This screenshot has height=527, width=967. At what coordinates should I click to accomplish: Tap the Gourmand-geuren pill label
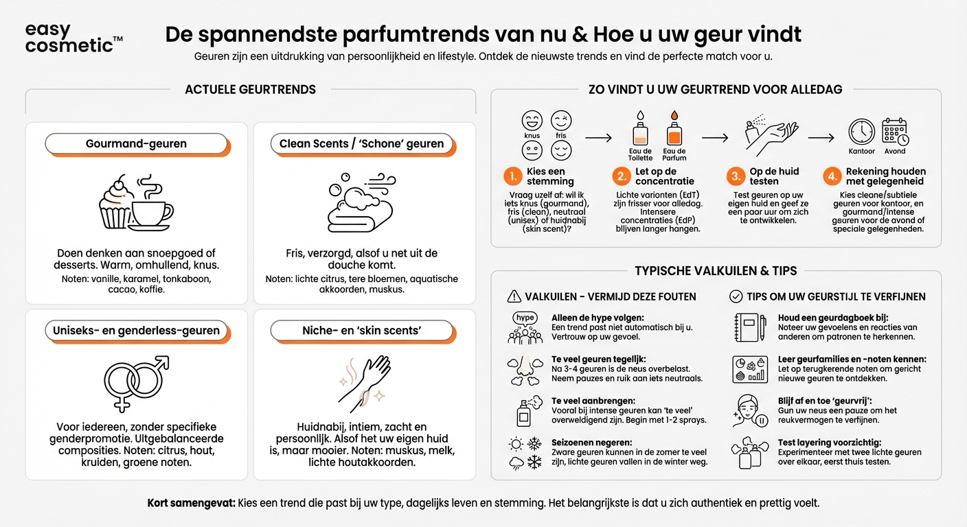[x=136, y=144]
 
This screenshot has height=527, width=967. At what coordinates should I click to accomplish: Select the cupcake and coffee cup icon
[x=136, y=202]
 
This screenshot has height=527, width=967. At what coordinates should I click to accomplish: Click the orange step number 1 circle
[x=512, y=177]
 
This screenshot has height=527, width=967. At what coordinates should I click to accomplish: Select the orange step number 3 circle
[x=736, y=177]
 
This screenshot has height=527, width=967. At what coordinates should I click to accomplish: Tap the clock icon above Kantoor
[x=861, y=131]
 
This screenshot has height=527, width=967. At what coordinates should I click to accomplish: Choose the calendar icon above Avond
[x=894, y=131]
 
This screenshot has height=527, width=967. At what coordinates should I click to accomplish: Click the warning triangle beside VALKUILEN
[x=513, y=296]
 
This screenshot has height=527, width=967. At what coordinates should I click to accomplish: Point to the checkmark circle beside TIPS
[x=736, y=296]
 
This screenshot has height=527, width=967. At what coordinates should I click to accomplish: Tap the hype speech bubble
[x=525, y=318]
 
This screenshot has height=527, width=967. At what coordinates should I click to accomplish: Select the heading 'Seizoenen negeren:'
[x=591, y=443]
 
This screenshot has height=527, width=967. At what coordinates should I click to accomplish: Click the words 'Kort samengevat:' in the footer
[x=191, y=503]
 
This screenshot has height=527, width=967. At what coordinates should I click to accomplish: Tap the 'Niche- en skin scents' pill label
[x=362, y=331]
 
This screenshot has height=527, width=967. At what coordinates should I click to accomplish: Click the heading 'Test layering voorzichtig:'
[x=829, y=443]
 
